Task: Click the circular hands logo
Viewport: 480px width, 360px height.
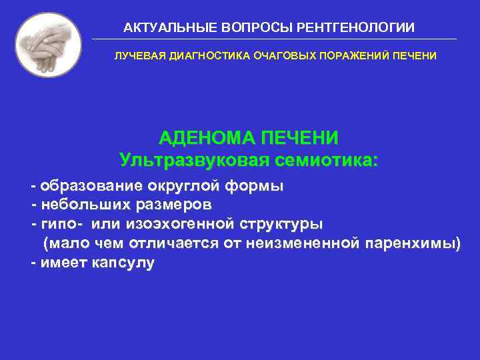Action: click(48, 45)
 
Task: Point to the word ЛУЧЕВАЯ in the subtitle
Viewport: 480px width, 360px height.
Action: click(135, 57)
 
